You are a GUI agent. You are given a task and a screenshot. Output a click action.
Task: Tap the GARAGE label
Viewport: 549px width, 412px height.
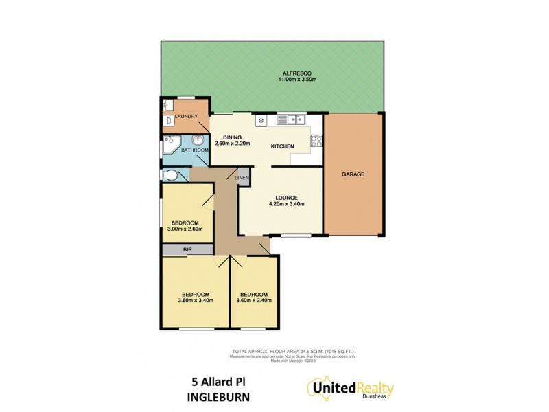pyautogui.click(x=353, y=174)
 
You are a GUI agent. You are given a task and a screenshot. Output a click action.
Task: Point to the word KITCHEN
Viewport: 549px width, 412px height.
pyautogui.click(x=282, y=146)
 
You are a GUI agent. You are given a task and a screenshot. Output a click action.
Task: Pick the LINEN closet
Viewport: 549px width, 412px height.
pyautogui.click(x=242, y=179)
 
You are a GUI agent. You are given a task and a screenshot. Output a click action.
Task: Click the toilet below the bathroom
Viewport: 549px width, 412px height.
pyautogui.click(x=167, y=176)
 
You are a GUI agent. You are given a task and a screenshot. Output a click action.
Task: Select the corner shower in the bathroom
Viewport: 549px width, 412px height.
pyautogui.click(x=170, y=146)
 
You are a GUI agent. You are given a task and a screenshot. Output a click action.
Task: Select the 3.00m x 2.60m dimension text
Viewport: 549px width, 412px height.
pyautogui.click(x=185, y=230)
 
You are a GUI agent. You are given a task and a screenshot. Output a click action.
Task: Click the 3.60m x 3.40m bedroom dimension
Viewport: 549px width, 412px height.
pyautogui.click(x=196, y=300)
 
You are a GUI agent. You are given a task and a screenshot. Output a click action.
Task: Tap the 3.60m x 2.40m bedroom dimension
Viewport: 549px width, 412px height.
pyautogui.click(x=254, y=300)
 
